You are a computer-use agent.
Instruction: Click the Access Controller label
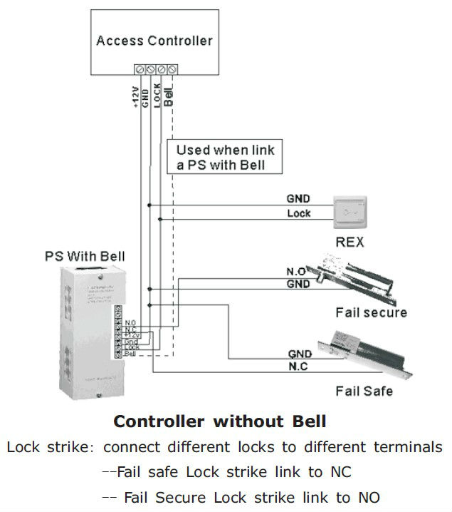click(154, 40)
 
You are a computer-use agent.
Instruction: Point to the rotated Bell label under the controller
click(169, 94)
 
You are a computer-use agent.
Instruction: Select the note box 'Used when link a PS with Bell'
click(224, 158)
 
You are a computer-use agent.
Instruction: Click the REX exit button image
click(354, 212)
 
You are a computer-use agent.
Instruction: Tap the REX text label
click(349, 242)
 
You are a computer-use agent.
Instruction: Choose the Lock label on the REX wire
click(298, 213)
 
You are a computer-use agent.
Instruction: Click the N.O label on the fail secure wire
click(296, 272)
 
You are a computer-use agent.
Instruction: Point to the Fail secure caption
click(371, 312)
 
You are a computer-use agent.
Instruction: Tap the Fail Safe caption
click(364, 391)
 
